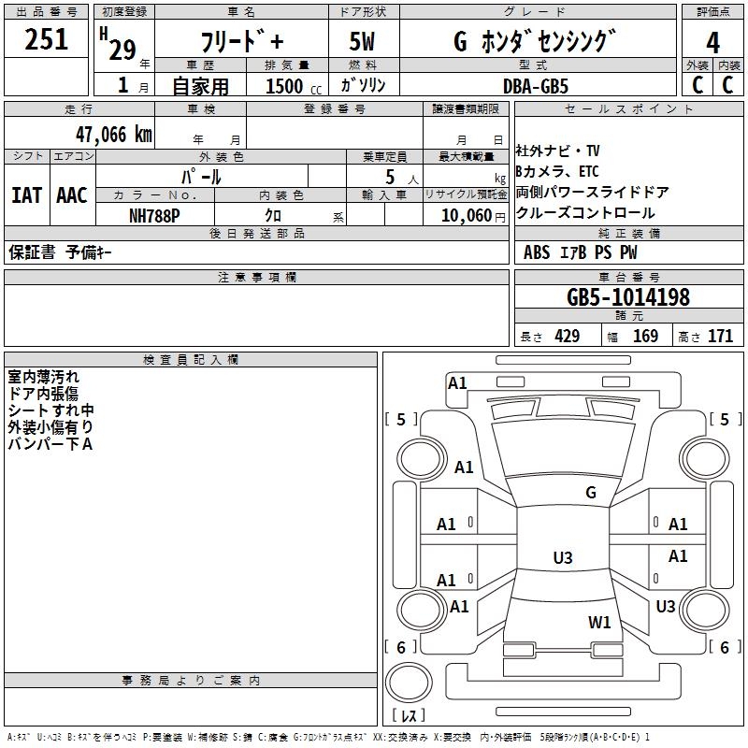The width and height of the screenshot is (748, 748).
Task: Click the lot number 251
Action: [x=46, y=39]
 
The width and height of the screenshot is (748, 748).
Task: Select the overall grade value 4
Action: [x=712, y=43]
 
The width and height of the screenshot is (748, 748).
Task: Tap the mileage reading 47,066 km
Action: [x=113, y=135]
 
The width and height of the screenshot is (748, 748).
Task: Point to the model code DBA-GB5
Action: [x=536, y=86]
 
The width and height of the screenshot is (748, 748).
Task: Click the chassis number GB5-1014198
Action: [x=627, y=296]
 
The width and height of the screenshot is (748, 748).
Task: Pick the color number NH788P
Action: [x=154, y=216]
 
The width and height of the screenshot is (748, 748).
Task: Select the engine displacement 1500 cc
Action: [x=294, y=86]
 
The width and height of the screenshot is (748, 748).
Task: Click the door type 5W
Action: [x=362, y=41]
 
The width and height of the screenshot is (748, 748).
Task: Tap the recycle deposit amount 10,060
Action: [x=467, y=216]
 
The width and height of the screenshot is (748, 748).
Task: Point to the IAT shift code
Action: [x=27, y=195]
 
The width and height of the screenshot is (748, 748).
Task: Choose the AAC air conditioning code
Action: [x=72, y=195]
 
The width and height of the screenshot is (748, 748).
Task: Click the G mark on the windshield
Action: [x=591, y=493]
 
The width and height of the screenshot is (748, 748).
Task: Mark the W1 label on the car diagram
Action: [x=599, y=622]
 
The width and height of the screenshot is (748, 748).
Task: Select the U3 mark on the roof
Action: [x=563, y=557]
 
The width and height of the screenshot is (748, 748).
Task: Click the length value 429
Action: [x=568, y=336]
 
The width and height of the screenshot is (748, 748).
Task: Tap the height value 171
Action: [x=720, y=336]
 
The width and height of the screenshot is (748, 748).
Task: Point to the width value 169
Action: [x=645, y=336]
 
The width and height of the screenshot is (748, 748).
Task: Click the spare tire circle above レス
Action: [x=409, y=683]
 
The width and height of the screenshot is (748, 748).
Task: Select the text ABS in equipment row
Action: [x=537, y=252]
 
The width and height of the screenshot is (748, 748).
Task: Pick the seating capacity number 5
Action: [x=390, y=177]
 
